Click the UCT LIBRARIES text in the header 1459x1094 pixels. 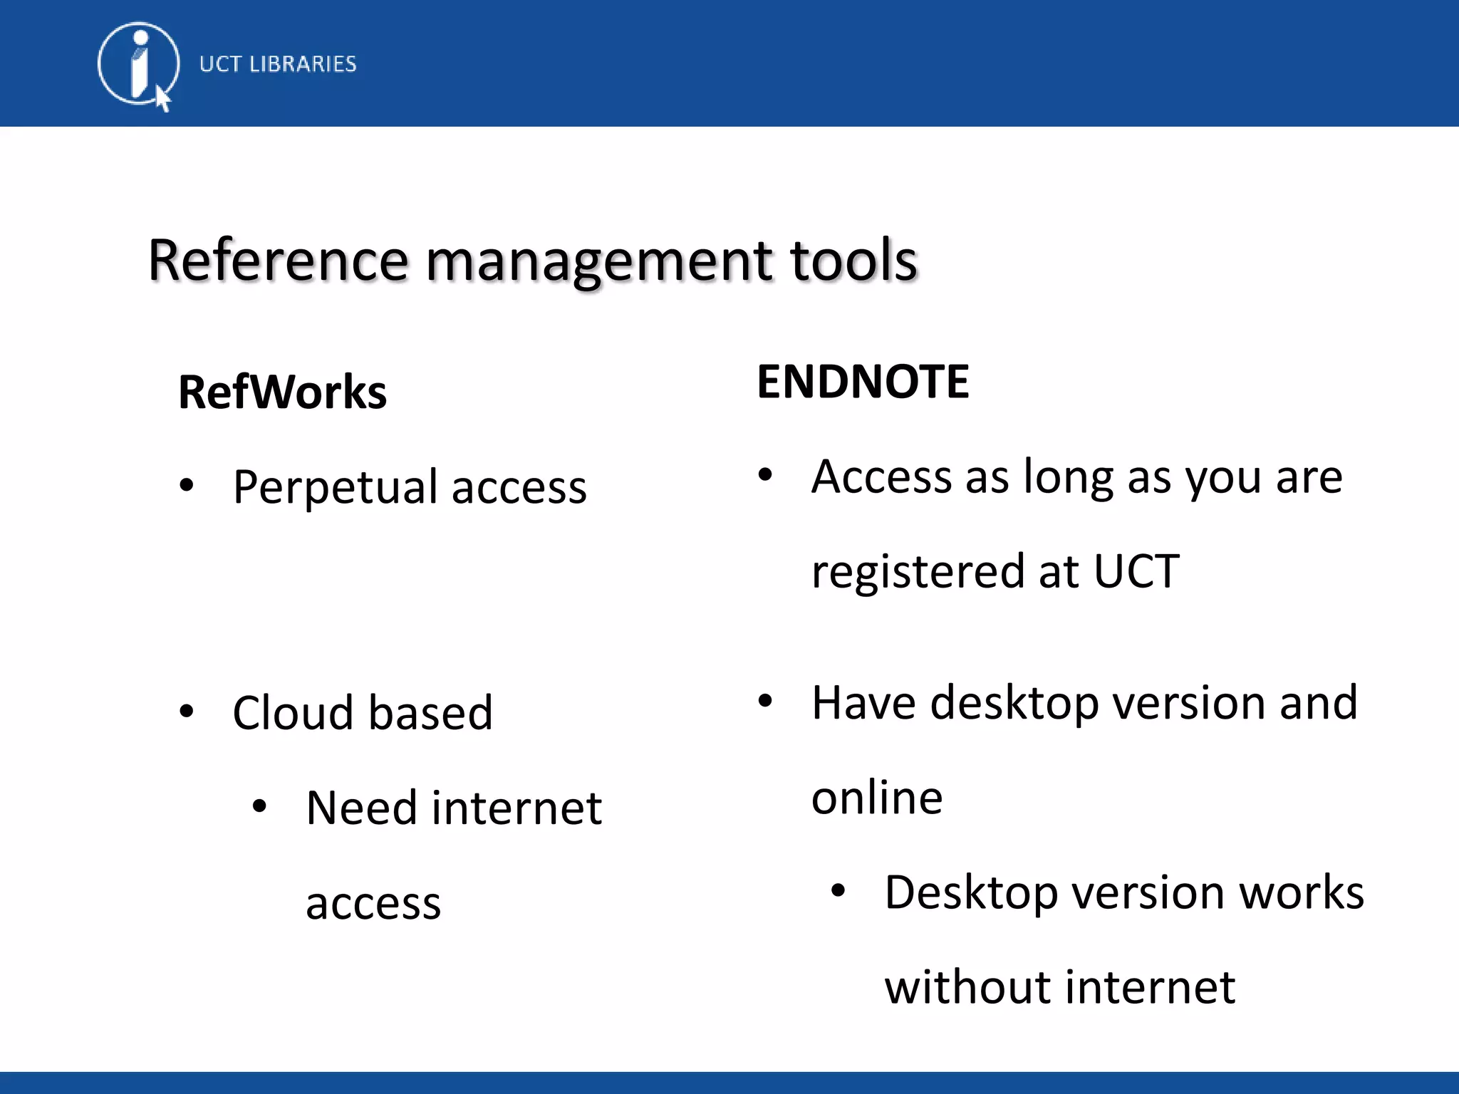[x=278, y=64]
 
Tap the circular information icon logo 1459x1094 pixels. [x=138, y=64]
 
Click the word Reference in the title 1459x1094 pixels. [x=278, y=261]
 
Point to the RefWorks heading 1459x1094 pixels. [x=282, y=392]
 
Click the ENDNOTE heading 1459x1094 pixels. [x=863, y=382]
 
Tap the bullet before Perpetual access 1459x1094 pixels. [x=187, y=486]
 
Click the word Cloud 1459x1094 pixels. [x=293, y=713]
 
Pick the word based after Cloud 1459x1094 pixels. [x=430, y=713]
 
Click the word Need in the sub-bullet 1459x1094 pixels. [x=361, y=808]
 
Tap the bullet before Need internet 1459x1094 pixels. [x=259, y=806]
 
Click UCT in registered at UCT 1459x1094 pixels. [x=1136, y=571]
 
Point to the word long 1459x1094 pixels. [x=1068, y=479]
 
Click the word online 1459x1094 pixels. [x=877, y=798]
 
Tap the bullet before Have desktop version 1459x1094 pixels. [x=765, y=701]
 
